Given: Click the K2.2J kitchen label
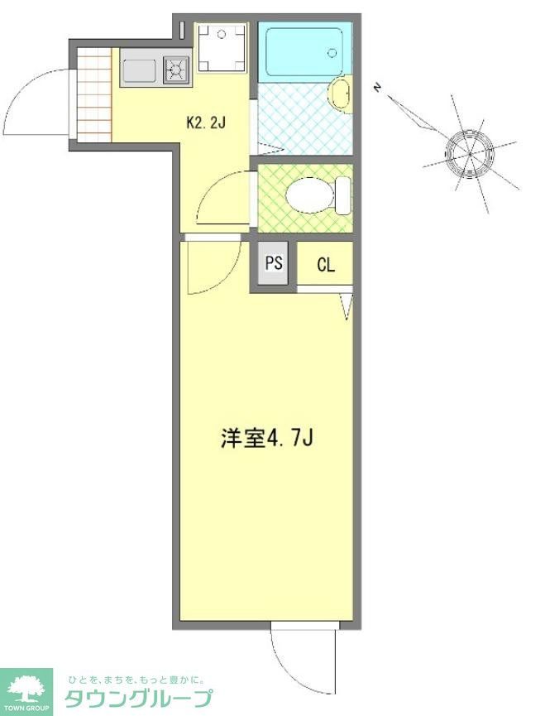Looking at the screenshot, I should (206, 124).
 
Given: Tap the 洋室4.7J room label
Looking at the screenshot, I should (266, 439).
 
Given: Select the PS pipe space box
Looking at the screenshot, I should (274, 264).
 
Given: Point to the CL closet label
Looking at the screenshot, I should (326, 265).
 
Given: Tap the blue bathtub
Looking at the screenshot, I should (303, 53).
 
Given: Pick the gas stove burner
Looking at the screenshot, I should (175, 70).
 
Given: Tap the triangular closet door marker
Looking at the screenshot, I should (346, 305).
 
